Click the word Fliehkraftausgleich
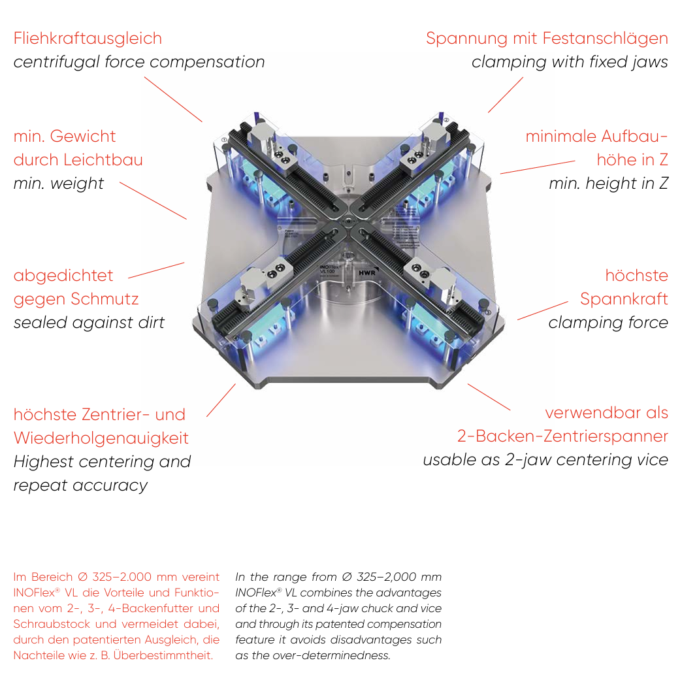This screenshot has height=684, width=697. [88, 39]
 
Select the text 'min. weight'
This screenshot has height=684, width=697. [59, 184]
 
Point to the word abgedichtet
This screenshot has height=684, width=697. [63, 276]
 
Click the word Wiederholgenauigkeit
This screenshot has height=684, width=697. [101, 438]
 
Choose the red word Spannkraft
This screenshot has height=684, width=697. [624, 299]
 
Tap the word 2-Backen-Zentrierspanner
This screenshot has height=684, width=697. [562, 436]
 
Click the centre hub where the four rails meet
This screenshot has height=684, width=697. [346, 224]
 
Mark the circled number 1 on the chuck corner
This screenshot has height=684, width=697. [224, 140]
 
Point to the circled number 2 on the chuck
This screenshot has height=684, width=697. [446, 120]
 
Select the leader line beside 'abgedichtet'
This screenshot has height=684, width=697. [157, 270]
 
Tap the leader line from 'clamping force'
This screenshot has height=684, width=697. [543, 310]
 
